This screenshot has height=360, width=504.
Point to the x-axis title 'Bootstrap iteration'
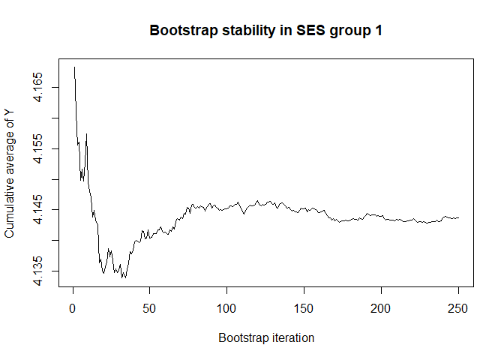click(266, 337)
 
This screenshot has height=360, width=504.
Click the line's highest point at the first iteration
click(74, 67)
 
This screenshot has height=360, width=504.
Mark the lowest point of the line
click(124, 277)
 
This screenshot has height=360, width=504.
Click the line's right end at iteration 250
click(458, 217)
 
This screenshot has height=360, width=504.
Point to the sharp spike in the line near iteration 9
click(87, 134)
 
